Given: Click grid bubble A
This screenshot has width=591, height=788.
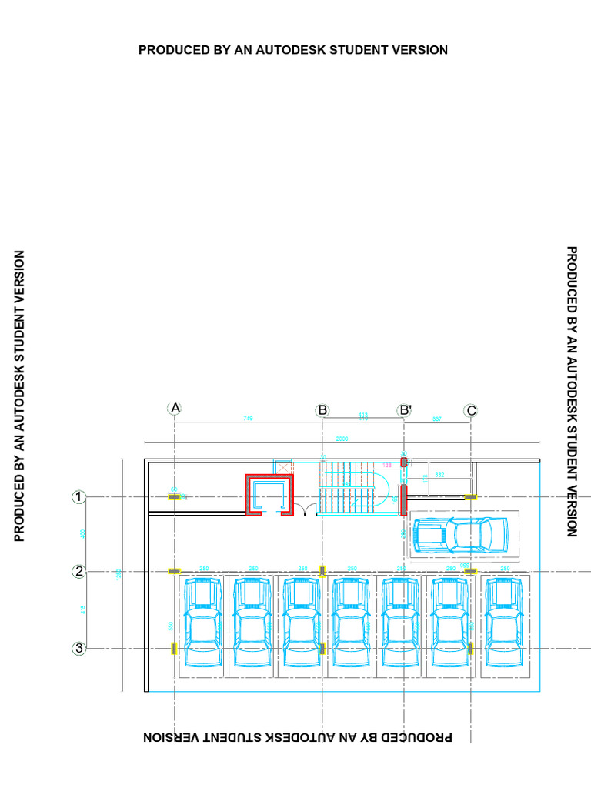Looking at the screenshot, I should pos(175,409).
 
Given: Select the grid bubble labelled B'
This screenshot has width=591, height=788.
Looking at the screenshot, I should pos(405,410).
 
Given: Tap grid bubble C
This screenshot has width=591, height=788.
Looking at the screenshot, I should pos(471,410).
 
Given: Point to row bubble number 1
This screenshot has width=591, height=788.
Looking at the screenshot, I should pos(78,497).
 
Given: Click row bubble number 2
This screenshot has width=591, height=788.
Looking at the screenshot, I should pos(78,571).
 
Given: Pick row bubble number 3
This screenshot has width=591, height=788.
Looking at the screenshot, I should pos(78,649).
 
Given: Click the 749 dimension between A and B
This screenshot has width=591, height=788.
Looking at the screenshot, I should pos(248,418).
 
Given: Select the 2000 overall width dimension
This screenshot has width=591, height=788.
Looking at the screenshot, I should pos(342,439).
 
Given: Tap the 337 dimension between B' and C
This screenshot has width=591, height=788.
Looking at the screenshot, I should pos(437,419).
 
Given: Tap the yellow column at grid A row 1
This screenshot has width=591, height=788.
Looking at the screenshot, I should pos(175,497).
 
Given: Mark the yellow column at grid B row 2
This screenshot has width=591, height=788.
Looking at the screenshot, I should pos(322,571).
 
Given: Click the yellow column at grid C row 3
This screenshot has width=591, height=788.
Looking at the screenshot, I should pos(471,649).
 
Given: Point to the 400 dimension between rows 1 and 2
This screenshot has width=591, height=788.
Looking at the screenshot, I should pos(83,534).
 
